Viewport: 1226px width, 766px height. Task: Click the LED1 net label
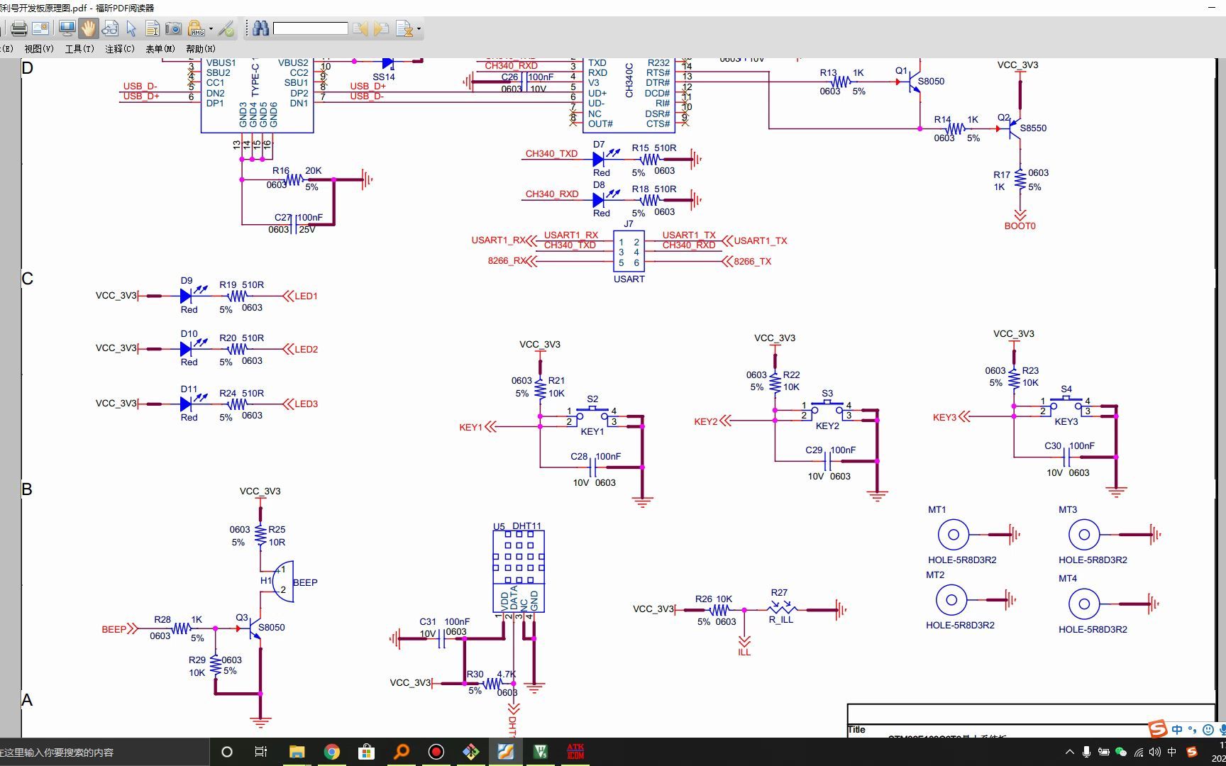pyautogui.click(x=306, y=296)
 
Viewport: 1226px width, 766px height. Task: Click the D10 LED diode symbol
pyautogui.click(x=186, y=349)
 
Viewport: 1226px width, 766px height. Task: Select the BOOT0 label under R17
pyautogui.click(x=1020, y=226)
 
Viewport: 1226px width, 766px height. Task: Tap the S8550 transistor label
pyautogui.click(x=1033, y=128)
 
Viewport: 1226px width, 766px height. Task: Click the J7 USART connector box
pyautogui.click(x=629, y=251)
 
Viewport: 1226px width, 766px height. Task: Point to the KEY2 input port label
pyautogui.click(x=705, y=422)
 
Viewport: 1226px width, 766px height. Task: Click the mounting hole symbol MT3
pyautogui.click(x=1084, y=535)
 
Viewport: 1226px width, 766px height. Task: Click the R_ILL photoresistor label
pyautogui.click(x=780, y=620)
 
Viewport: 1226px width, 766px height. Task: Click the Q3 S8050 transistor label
pyautogui.click(x=271, y=628)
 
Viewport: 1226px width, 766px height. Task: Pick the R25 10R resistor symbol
pyautogui.click(x=260, y=536)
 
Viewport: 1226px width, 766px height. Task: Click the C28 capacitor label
pyautogui.click(x=579, y=457)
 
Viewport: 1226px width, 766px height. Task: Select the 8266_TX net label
pyautogui.click(x=752, y=262)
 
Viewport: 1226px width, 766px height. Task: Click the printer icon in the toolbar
pyautogui.click(x=19, y=29)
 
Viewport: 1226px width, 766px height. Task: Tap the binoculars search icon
pyautogui.click(x=260, y=28)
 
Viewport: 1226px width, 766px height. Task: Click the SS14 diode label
pyautogui.click(x=383, y=77)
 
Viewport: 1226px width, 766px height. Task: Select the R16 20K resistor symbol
pyautogui.click(x=294, y=180)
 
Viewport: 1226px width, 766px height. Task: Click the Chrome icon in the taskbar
pyautogui.click(x=331, y=752)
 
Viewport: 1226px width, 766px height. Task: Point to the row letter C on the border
pyautogui.click(x=27, y=279)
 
